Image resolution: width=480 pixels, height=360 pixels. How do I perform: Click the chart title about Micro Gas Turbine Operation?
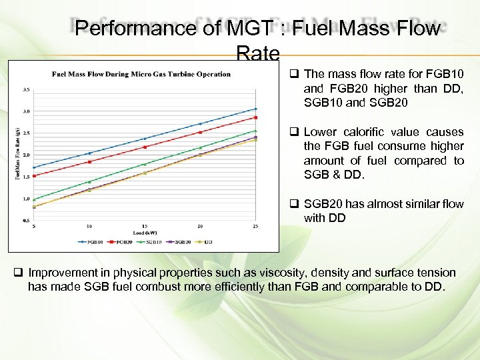[x=141, y=74]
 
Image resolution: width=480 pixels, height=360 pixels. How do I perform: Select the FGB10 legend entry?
[x=93, y=241]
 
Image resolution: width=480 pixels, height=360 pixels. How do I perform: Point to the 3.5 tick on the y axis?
[x=26, y=89]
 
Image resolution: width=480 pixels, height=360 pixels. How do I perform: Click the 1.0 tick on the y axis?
[x=26, y=199]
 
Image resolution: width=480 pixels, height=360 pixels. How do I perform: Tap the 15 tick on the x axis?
[x=145, y=226]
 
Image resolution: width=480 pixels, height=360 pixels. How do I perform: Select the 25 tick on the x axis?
[x=255, y=226]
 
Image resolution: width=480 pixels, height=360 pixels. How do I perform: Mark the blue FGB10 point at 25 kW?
[x=256, y=109]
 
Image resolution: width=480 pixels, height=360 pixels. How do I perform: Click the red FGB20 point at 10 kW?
[x=89, y=161]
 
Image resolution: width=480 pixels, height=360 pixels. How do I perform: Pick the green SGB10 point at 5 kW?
[x=34, y=199]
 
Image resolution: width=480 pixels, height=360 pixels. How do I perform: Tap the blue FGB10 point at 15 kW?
[x=145, y=139]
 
